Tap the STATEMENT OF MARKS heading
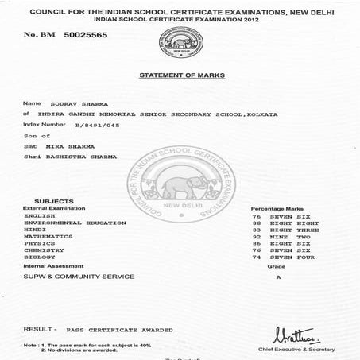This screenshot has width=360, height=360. point(183,75)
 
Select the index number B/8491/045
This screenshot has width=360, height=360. point(93,125)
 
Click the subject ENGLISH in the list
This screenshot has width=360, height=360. point(40,215)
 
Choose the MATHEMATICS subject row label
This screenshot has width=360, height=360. point(48,237)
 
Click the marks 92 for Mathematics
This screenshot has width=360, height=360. point(257,237)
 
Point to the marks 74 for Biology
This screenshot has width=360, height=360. point(257,257)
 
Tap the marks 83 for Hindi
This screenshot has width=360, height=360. point(257,230)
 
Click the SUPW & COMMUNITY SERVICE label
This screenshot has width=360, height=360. point(79,277)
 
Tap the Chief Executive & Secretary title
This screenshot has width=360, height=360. point(308,348)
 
